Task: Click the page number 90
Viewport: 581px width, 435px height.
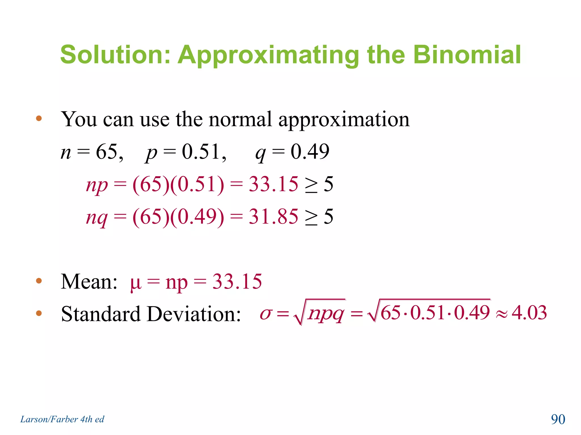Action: (558, 419)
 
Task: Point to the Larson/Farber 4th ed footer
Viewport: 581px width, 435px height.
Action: (62, 419)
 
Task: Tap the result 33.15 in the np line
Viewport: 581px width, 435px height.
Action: (273, 184)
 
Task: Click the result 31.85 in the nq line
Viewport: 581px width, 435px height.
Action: (273, 217)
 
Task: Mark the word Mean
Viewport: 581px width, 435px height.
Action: (89, 282)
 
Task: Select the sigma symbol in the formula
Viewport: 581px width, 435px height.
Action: (266, 314)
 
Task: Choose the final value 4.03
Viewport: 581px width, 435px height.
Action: (529, 313)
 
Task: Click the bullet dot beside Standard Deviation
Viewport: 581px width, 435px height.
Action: (39, 313)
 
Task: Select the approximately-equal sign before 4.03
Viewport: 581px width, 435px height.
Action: (502, 314)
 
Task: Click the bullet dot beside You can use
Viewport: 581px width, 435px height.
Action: (39, 118)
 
